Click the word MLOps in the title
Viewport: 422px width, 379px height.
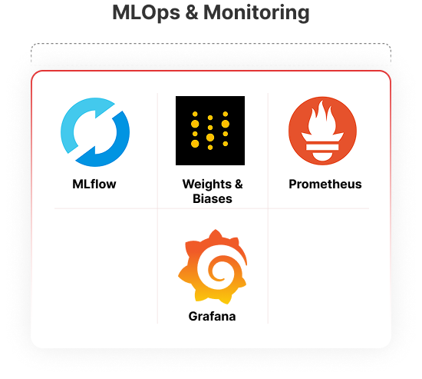(146, 13)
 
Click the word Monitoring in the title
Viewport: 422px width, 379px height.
(256, 13)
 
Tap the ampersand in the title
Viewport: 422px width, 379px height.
(192, 12)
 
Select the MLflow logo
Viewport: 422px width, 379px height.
(95, 132)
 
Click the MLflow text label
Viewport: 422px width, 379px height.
(94, 185)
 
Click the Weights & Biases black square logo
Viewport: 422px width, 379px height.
(210, 131)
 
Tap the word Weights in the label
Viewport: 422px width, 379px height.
(206, 185)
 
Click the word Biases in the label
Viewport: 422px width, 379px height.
(213, 199)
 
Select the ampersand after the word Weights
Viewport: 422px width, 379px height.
(239, 185)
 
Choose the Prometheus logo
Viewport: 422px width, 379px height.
(322, 131)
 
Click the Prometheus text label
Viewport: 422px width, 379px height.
(325, 185)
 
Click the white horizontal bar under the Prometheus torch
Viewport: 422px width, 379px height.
(322, 147)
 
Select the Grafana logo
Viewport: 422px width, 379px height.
(213, 267)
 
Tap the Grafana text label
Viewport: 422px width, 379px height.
(212, 317)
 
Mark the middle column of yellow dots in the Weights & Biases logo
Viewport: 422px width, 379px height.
(210, 132)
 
